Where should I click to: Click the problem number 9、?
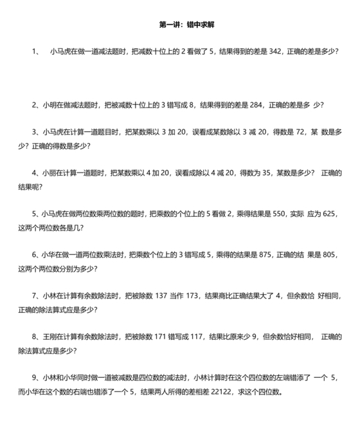[x=35, y=378]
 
